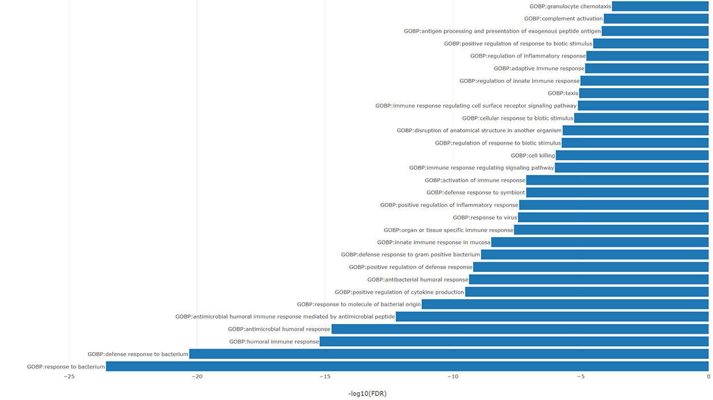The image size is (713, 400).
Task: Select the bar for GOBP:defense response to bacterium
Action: [449, 354]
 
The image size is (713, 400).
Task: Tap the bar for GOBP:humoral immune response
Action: [514, 342]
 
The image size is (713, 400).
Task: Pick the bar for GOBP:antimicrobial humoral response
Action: [520, 329]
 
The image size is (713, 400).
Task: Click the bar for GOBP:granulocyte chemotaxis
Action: [660, 6]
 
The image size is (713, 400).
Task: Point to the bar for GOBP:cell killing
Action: [632, 155]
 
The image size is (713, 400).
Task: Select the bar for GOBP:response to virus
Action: [613, 218]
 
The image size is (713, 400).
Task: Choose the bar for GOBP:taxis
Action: [644, 93]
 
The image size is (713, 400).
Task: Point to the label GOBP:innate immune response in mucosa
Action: [434, 242]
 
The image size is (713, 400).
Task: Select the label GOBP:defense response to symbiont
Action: [476, 193]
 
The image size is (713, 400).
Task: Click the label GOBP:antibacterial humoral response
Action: [418, 279]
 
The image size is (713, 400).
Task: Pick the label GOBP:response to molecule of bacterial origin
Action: [359, 305]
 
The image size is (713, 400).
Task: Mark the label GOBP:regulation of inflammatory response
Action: [528, 56]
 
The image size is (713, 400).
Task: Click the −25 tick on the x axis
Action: [68, 377]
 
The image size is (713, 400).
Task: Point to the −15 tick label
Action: [324, 377]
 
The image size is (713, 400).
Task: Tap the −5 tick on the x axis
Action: [580, 377]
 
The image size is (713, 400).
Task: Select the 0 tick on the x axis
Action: [708, 377]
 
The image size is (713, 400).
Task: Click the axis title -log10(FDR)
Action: [367, 393]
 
